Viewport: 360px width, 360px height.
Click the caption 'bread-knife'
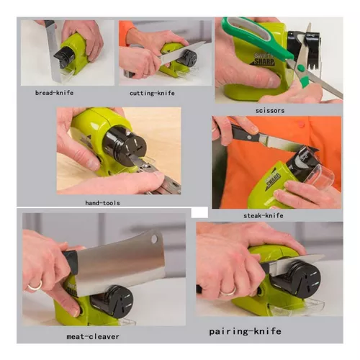[54, 93]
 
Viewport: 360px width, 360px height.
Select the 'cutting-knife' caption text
[152, 93]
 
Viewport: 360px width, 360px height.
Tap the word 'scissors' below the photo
[270, 111]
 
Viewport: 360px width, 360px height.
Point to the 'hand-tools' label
[102, 203]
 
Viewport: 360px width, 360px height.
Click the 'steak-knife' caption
[264, 215]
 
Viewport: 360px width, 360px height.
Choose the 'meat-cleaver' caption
[93, 336]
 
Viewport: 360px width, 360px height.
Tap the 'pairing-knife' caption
[245, 331]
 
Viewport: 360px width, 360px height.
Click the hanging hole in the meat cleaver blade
[154, 238]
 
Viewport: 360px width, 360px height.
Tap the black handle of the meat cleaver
[71, 262]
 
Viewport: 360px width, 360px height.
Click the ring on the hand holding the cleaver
[35, 287]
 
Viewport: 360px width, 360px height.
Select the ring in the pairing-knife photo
[228, 292]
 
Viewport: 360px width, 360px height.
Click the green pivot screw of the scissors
[301, 68]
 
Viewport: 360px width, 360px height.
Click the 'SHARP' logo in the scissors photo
[264, 62]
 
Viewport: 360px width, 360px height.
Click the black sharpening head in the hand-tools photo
[124, 146]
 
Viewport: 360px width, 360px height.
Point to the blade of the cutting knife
[181, 53]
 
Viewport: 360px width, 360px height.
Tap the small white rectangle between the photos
[199, 212]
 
